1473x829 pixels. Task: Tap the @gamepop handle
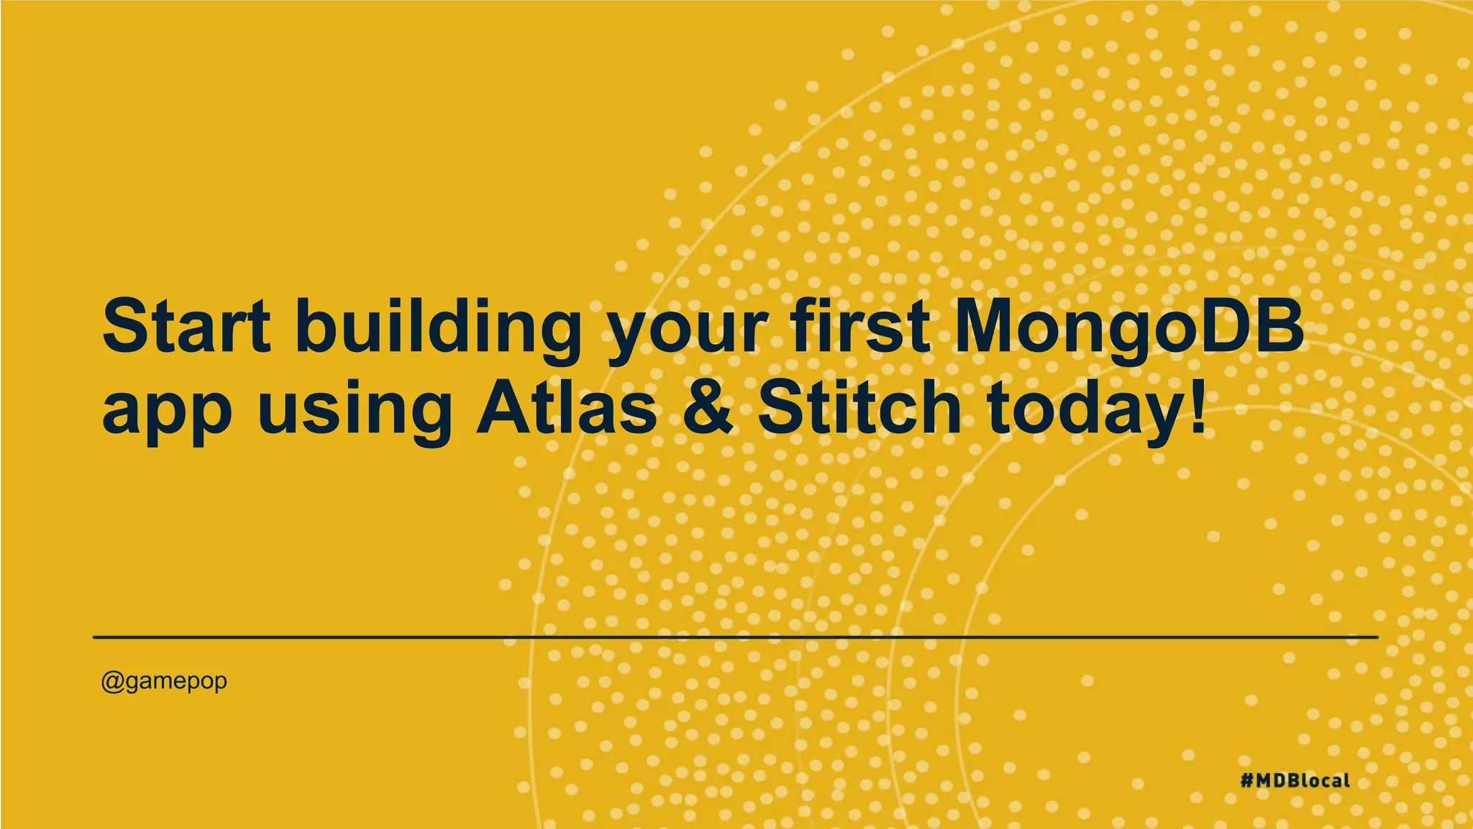pyautogui.click(x=164, y=680)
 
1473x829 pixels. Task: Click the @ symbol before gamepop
pyautogui.click(x=112, y=681)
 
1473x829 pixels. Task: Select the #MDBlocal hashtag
pyautogui.click(x=1295, y=780)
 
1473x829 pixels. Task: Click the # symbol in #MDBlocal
pyautogui.click(x=1248, y=780)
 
